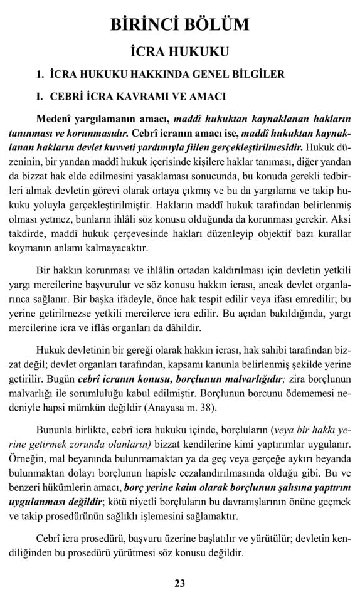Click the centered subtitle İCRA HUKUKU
coord(179,51)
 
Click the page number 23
coord(179,583)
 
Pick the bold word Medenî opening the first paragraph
coord(53,119)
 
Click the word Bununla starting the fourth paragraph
coord(57,431)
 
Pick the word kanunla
coord(215,366)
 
